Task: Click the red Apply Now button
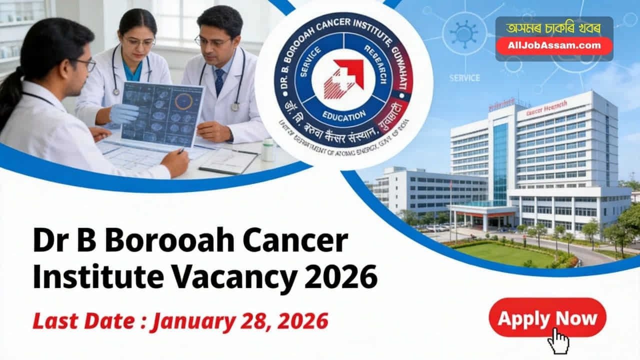click(x=547, y=317)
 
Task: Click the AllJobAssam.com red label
click(x=554, y=45)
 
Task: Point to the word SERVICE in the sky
click(x=464, y=78)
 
